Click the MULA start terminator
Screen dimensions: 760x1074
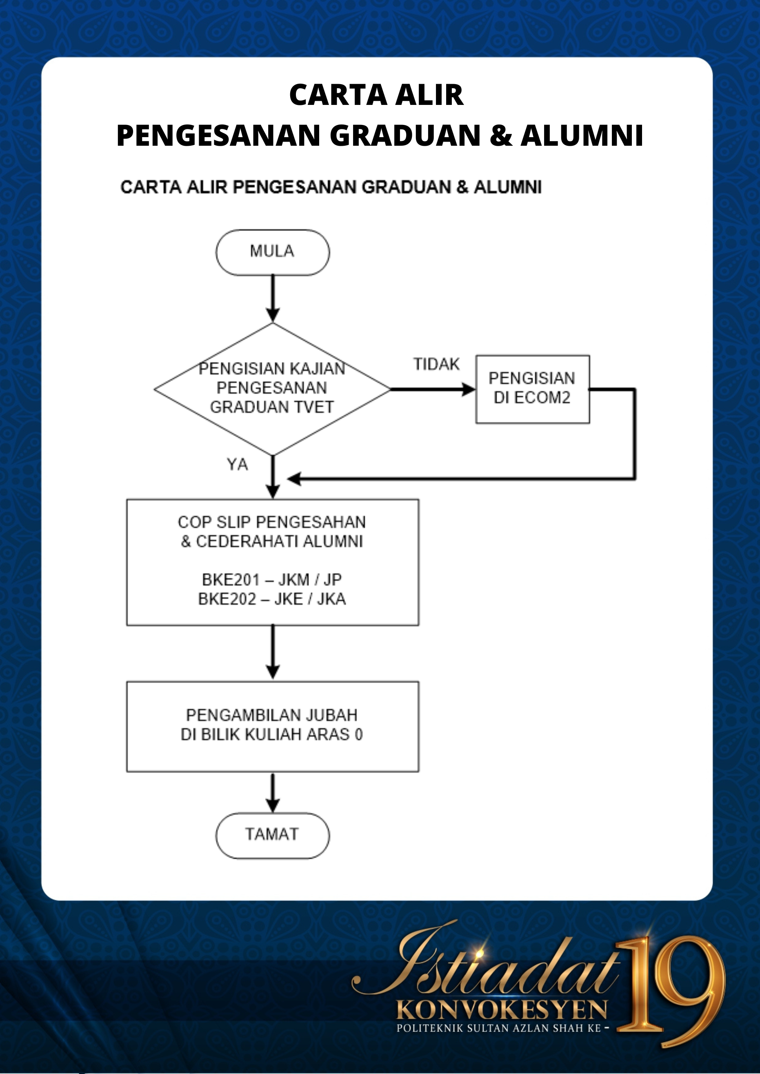coord(272,252)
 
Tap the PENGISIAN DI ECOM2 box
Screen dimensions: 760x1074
coord(533,389)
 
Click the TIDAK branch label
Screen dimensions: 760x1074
coord(436,364)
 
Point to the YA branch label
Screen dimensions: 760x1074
coord(237,465)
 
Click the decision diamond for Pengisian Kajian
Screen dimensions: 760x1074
coord(272,389)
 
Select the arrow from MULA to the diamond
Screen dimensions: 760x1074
coord(272,298)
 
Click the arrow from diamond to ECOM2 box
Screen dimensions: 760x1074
coord(433,389)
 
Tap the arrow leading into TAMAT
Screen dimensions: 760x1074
coord(272,792)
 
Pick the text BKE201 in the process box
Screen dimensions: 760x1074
coord(231,580)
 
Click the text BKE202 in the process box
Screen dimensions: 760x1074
coord(227,599)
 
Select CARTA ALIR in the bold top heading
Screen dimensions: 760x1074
coord(376,95)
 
